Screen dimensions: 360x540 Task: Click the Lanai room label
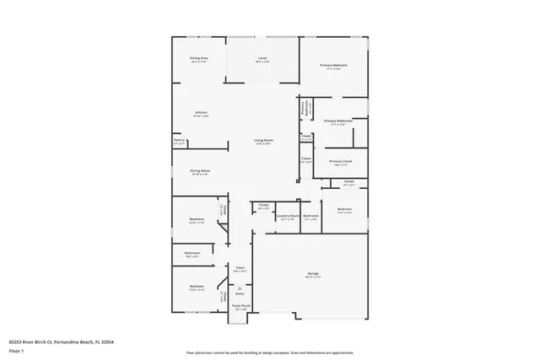click(x=262, y=58)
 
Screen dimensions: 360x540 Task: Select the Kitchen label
click(x=202, y=112)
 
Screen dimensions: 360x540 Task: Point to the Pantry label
click(x=178, y=142)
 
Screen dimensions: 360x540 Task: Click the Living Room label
click(x=264, y=140)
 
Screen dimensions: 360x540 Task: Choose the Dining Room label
click(x=199, y=170)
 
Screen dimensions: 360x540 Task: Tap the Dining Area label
click(x=199, y=58)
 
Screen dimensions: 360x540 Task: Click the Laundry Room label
click(x=289, y=215)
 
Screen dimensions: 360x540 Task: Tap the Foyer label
click(x=240, y=268)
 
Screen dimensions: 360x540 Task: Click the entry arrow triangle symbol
click(x=240, y=287)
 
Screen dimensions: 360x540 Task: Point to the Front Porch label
click(x=240, y=306)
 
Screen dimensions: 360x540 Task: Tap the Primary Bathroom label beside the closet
click(x=337, y=121)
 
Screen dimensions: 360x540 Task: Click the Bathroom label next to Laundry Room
click(x=311, y=215)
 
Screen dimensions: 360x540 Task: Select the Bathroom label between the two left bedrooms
click(x=192, y=253)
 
